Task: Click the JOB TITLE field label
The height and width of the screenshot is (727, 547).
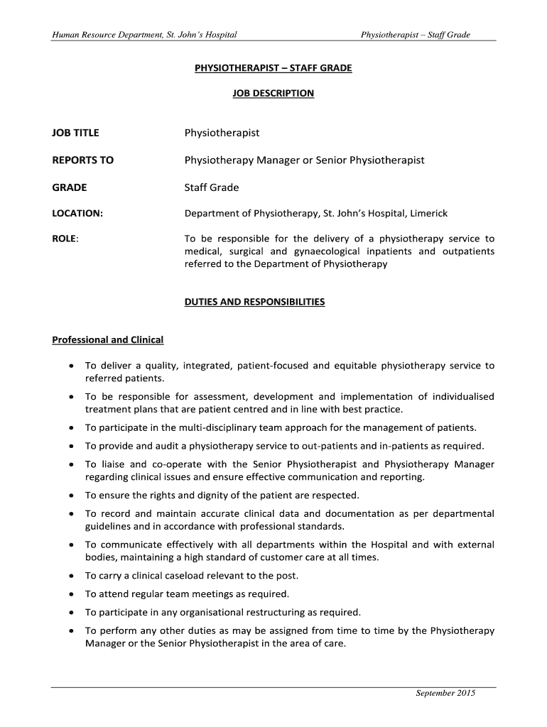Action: click(75, 133)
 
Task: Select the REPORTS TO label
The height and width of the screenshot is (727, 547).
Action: click(82, 160)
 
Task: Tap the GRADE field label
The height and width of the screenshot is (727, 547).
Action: click(69, 188)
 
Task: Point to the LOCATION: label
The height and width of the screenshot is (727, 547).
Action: click(77, 214)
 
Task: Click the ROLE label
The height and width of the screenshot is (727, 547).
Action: click(65, 239)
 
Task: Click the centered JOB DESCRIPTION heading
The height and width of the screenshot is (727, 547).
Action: click(273, 93)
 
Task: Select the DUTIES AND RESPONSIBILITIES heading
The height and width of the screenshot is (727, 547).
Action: click(254, 302)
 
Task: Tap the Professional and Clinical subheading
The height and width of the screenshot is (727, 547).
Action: click(107, 340)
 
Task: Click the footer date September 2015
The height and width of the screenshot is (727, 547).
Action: click(445, 693)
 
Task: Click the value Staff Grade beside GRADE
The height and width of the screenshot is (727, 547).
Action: click(212, 188)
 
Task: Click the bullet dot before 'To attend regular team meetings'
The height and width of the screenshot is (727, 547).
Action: click(72, 594)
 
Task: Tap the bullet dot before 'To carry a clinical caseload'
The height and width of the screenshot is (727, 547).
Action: click(72, 576)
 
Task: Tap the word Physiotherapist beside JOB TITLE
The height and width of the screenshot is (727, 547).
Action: click(222, 133)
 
